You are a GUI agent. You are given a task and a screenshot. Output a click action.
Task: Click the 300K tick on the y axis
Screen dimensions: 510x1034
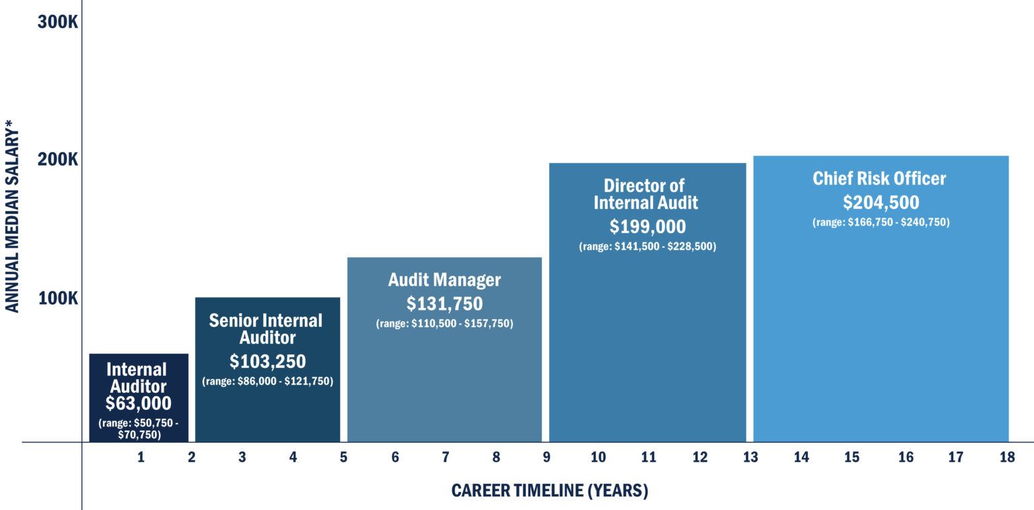[59, 22]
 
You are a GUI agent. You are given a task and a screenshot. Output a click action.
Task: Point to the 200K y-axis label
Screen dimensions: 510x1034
[59, 160]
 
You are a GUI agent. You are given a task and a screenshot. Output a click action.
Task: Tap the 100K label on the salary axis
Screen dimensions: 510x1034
[59, 298]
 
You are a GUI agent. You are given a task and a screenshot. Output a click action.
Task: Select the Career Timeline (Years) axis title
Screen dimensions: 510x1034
[549, 490]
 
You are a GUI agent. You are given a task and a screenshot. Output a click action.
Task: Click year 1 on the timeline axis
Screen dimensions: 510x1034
[141, 458]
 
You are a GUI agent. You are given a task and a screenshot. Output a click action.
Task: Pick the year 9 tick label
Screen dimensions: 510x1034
[546, 458]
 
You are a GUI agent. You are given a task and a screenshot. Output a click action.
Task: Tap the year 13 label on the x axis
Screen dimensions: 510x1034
[750, 458]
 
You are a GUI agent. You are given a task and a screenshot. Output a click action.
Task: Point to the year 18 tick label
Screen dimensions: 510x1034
[1006, 458]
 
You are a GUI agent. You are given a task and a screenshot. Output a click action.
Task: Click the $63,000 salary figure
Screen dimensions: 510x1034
[138, 404]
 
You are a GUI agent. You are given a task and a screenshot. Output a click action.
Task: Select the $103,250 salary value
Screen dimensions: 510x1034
[267, 362]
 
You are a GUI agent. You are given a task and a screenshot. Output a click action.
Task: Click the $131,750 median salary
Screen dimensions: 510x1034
[444, 304]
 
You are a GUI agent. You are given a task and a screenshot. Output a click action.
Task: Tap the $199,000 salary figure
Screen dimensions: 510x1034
[648, 226]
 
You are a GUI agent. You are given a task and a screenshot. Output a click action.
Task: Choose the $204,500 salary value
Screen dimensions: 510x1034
[881, 203]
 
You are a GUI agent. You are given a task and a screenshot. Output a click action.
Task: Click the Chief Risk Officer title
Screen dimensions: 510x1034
[879, 179]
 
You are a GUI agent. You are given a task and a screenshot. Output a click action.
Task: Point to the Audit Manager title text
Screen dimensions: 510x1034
[444, 280]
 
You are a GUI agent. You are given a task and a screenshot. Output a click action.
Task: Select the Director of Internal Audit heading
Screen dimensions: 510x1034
[644, 194]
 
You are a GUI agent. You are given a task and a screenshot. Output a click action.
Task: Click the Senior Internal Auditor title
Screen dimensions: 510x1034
[267, 329]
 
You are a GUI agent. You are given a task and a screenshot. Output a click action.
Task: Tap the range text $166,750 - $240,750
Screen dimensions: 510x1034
[881, 223]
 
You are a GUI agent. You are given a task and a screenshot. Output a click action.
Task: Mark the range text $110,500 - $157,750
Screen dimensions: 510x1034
[444, 324]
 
